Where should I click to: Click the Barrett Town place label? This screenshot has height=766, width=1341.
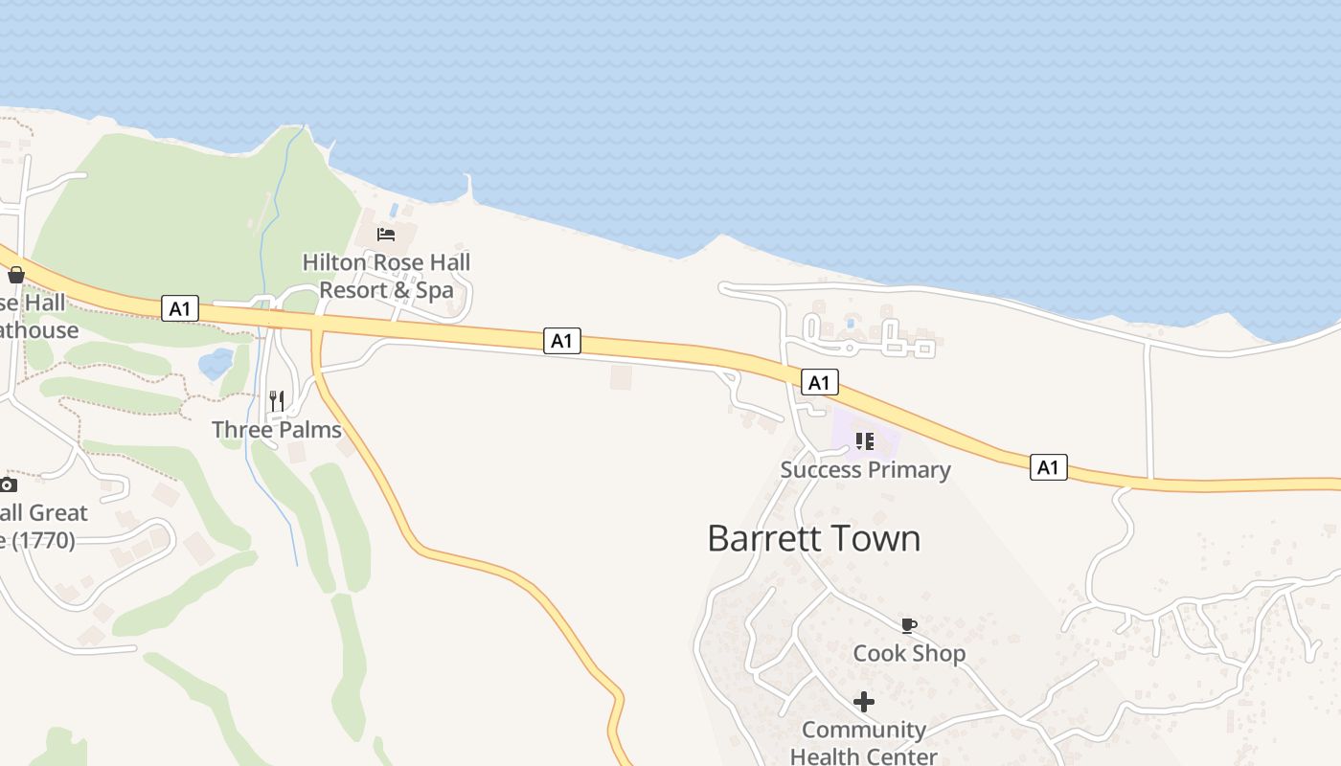pos(813,538)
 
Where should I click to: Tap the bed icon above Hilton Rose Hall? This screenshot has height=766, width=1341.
pos(386,234)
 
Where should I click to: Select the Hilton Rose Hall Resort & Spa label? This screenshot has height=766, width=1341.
pos(386,276)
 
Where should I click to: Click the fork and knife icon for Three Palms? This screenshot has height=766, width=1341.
pos(277,401)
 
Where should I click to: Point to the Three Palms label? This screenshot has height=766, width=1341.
pos(277,430)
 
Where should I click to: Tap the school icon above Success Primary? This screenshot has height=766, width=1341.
pos(865,441)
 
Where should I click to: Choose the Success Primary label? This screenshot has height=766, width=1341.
pos(865,470)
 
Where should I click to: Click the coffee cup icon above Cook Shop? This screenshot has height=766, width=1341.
pos(908,626)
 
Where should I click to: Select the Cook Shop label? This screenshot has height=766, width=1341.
pos(909,654)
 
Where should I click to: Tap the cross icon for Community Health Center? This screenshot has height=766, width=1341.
pos(864,702)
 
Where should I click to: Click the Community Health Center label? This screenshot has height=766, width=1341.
pos(864,743)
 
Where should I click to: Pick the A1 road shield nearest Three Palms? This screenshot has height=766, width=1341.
pos(179,308)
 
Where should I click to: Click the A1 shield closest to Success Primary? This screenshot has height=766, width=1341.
pos(819,383)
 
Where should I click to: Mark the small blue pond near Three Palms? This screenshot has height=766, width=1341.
pos(216,364)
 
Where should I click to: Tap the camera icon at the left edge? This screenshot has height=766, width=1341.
pos(8,484)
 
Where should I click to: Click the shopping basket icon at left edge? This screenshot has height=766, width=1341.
pos(15,276)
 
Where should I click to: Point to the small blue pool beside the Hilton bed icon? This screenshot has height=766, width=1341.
pos(394,209)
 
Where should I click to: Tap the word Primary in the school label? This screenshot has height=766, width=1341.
pos(907,470)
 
